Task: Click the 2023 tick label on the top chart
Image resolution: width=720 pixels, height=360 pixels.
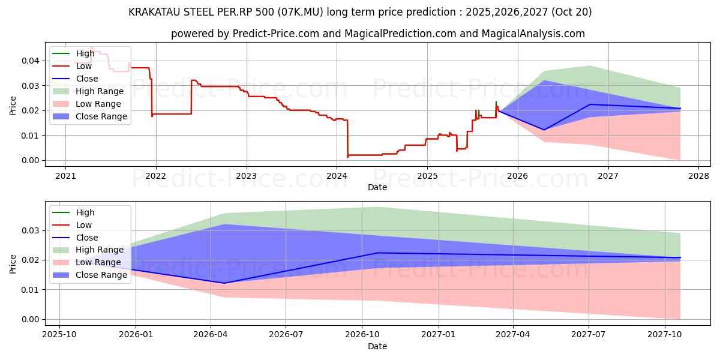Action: pyautogui.click(x=246, y=176)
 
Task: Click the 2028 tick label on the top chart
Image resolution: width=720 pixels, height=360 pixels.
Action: pyautogui.click(x=698, y=176)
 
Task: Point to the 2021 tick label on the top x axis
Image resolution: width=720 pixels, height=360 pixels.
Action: pyautogui.click(x=65, y=176)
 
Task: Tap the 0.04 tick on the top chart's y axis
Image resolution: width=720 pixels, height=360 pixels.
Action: pyautogui.click(x=30, y=61)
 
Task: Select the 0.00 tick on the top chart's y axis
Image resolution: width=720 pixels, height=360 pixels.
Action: pyautogui.click(x=30, y=160)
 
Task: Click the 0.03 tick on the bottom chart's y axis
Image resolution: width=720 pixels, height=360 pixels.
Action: pyautogui.click(x=30, y=230)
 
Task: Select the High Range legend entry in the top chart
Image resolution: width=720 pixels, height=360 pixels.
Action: pyautogui.click(x=100, y=91)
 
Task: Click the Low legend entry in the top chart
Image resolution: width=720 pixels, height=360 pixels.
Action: pyautogui.click(x=85, y=66)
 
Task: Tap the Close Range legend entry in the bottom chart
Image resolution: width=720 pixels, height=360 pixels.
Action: pyautogui.click(x=101, y=275)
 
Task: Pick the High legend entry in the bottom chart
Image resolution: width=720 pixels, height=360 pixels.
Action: pyautogui.click(x=85, y=212)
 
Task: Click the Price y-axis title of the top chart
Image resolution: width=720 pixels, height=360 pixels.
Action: pyautogui.click(x=13, y=106)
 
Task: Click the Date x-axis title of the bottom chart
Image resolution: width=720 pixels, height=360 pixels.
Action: pyautogui.click(x=377, y=346)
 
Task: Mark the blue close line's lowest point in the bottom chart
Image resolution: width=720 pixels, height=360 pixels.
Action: pyautogui.click(x=224, y=283)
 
